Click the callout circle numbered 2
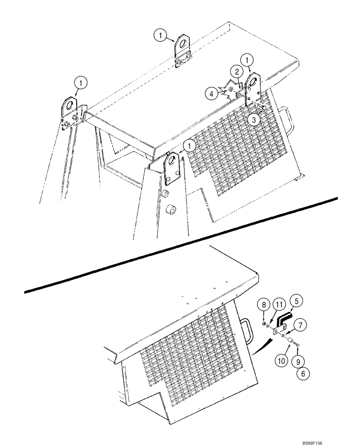(237, 71)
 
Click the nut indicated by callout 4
(232, 90)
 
